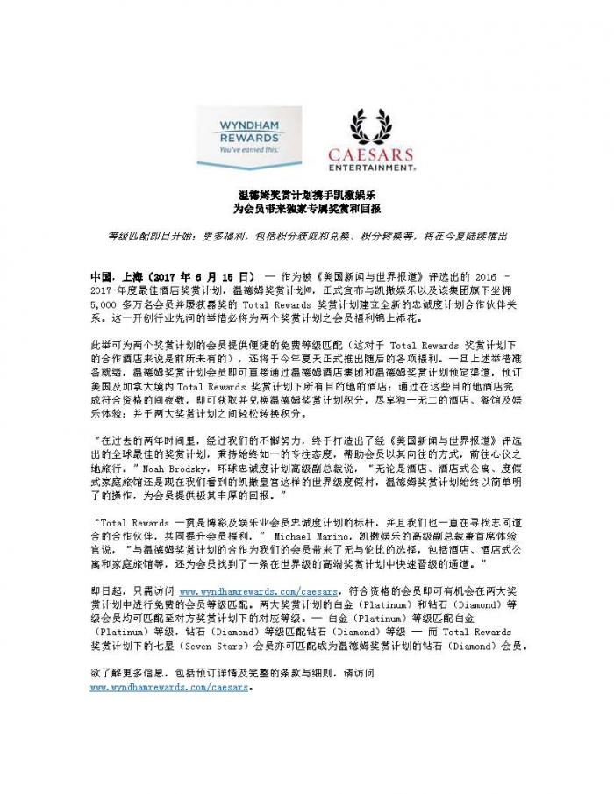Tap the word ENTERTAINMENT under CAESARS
click(x=371, y=165)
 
